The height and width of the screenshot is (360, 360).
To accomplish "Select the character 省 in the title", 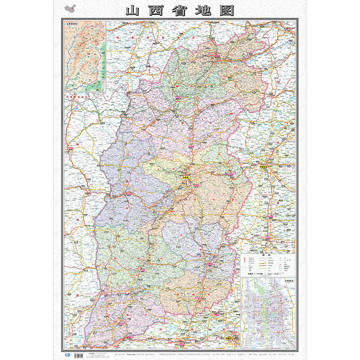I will [x=180, y=11].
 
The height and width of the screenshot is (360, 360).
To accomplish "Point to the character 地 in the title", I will [x=203, y=11].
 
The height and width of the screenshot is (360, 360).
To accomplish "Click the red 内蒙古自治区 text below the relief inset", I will [x=79, y=96].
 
